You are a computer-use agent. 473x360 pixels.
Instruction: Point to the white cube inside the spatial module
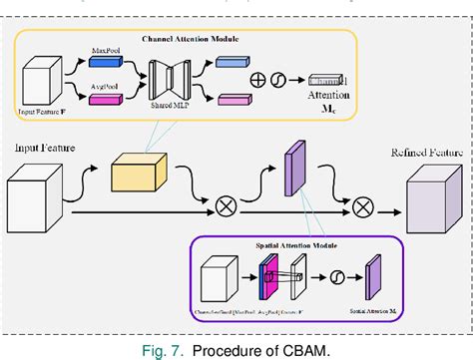click(219, 280)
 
